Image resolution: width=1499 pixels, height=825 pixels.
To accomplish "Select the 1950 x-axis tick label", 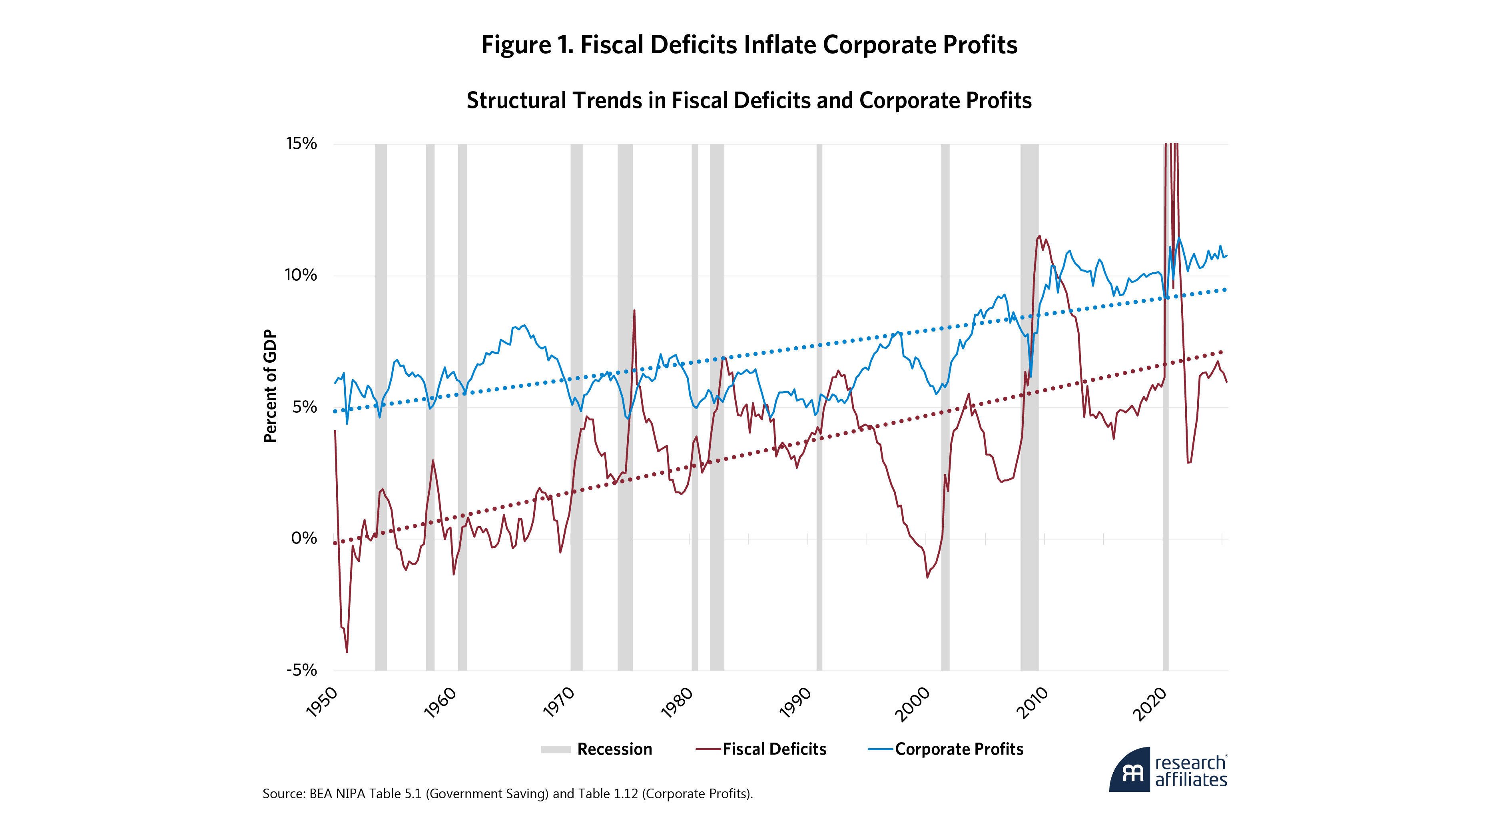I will pos(322,702).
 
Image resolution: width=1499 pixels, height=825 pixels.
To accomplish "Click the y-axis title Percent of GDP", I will pos(270,386).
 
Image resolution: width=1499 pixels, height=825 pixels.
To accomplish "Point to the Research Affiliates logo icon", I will pos(1130,770).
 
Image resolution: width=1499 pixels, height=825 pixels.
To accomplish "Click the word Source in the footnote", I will pos(282,793).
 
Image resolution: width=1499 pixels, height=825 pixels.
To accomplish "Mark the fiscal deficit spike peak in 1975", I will pos(634,310).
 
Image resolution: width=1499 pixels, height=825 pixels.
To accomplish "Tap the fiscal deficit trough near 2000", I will pos(927,577).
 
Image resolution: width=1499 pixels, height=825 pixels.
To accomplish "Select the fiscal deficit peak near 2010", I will pos(1039,236).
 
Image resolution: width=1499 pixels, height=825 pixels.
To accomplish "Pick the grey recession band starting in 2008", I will pos(1029,408).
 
